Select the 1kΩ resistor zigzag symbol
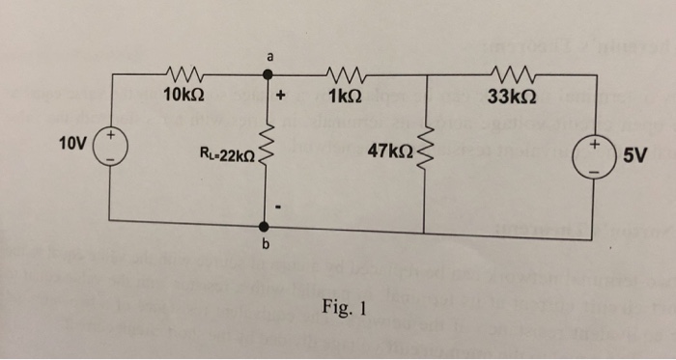[346, 73]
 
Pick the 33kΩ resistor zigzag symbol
[509, 73]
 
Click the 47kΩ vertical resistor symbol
[426, 150]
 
